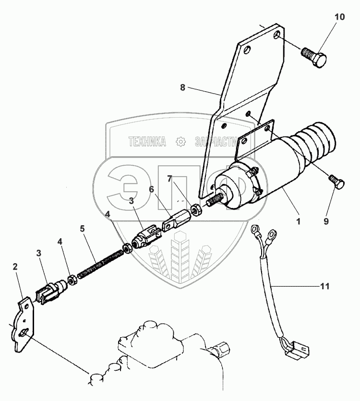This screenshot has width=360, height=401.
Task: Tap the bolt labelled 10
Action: [314, 58]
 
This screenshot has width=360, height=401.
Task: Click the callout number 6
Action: [151, 190]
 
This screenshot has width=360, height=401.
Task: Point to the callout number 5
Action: [83, 229]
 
